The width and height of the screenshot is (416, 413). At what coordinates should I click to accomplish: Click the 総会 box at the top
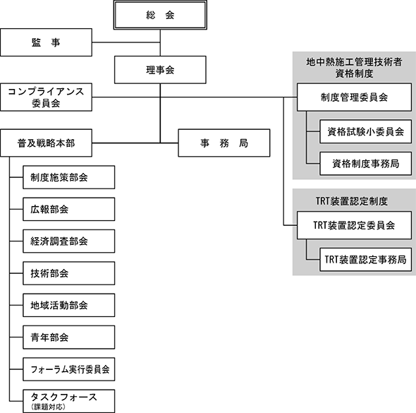click(160, 15)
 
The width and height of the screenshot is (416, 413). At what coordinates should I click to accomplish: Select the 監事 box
click(46, 42)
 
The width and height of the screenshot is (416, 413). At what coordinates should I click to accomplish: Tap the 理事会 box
click(160, 70)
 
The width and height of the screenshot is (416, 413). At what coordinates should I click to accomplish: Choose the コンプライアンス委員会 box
click(46, 97)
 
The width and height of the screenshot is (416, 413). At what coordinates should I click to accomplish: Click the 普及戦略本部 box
click(46, 143)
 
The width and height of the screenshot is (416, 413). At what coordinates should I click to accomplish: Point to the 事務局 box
click(224, 143)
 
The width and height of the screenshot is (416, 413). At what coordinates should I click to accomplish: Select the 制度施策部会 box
click(69, 177)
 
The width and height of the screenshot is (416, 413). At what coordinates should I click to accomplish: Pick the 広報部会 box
click(69, 209)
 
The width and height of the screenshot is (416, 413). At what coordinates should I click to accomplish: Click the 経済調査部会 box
click(69, 241)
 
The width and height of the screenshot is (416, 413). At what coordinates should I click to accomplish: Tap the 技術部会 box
click(69, 273)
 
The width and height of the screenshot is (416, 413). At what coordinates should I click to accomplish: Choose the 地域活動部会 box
click(69, 305)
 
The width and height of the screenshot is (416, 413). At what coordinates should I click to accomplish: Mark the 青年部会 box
click(69, 337)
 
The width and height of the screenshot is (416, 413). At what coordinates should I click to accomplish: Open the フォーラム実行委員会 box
click(69, 369)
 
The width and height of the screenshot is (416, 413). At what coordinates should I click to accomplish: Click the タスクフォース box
click(69, 401)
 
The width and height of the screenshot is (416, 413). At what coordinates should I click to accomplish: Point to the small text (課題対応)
click(48, 407)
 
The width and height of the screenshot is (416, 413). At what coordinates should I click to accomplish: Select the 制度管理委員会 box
click(355, 97)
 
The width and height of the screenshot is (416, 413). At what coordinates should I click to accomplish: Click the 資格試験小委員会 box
click(366, 131)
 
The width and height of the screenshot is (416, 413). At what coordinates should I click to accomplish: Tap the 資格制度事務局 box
click(366, 164)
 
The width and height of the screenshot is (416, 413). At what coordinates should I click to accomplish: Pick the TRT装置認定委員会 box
click(355, 225)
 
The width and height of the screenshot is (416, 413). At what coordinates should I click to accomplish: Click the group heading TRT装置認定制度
click(352, 201)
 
